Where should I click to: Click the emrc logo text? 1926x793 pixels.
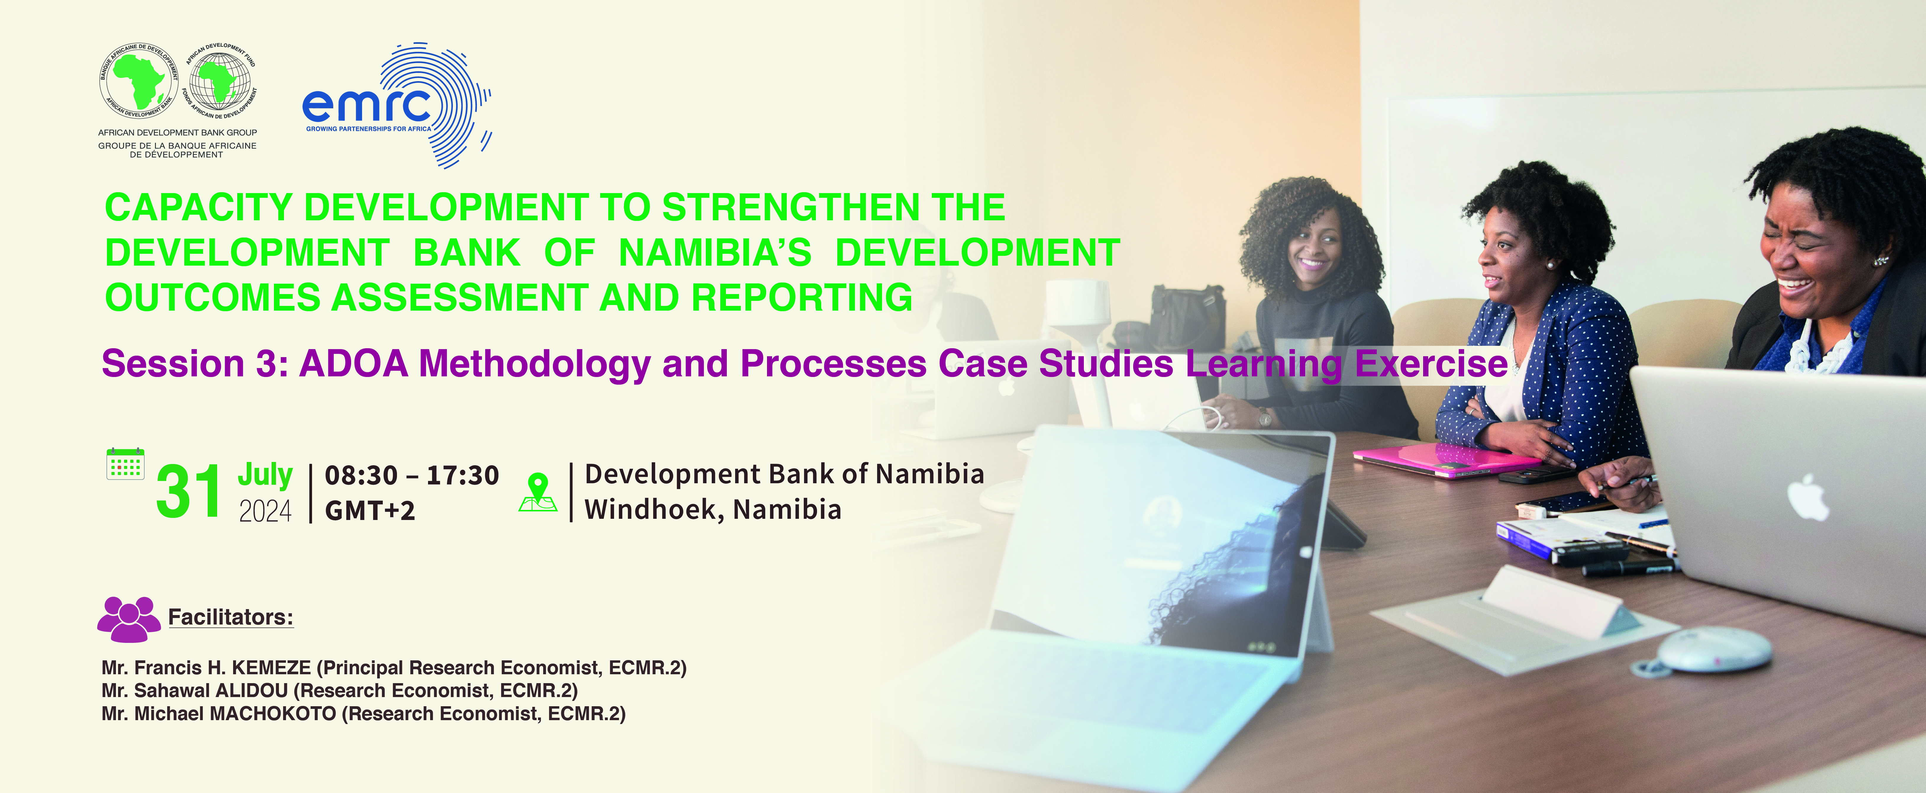pyautogui.click(x=367, y=106)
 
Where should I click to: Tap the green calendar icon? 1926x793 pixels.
pyautogui.click(x=126, y=464)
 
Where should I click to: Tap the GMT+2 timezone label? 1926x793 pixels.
pyautogui.click(x=370, y=510)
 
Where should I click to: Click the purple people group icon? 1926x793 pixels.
pyautogui.click(x=129, y=619)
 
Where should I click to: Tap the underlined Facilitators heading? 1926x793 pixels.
pyautogui.click(x=230, y=617)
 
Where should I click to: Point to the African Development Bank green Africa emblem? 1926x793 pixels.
pyautogui.click(x=140, y=80)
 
